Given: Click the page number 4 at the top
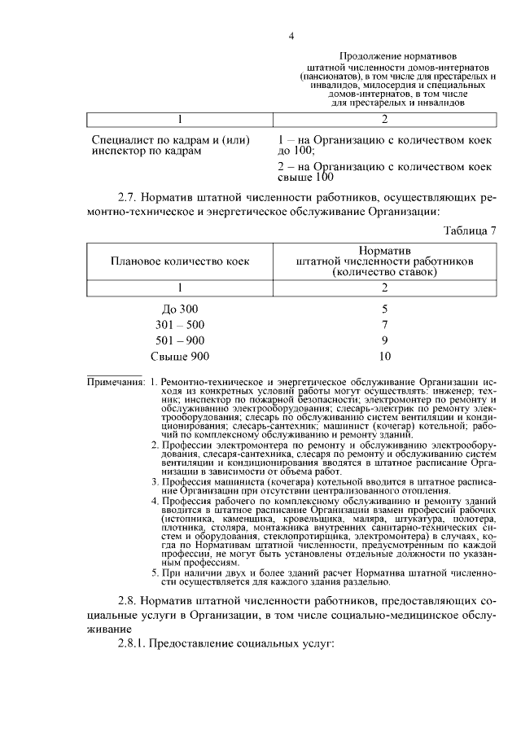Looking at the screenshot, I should coord(291,36).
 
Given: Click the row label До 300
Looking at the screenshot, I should coord(180,309).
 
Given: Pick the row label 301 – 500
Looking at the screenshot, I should coord(180,325).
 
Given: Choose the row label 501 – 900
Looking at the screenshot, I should coord(180,340).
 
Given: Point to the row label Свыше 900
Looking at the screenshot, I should coord(180,356).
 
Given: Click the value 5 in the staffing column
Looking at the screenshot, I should coord(385,309).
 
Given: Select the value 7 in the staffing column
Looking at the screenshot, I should coord(385,325).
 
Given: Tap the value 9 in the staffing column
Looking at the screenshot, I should coord(385,340).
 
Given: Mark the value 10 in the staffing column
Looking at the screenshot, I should coord(385,356).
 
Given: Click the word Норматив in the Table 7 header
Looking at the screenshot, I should coord(385,249).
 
